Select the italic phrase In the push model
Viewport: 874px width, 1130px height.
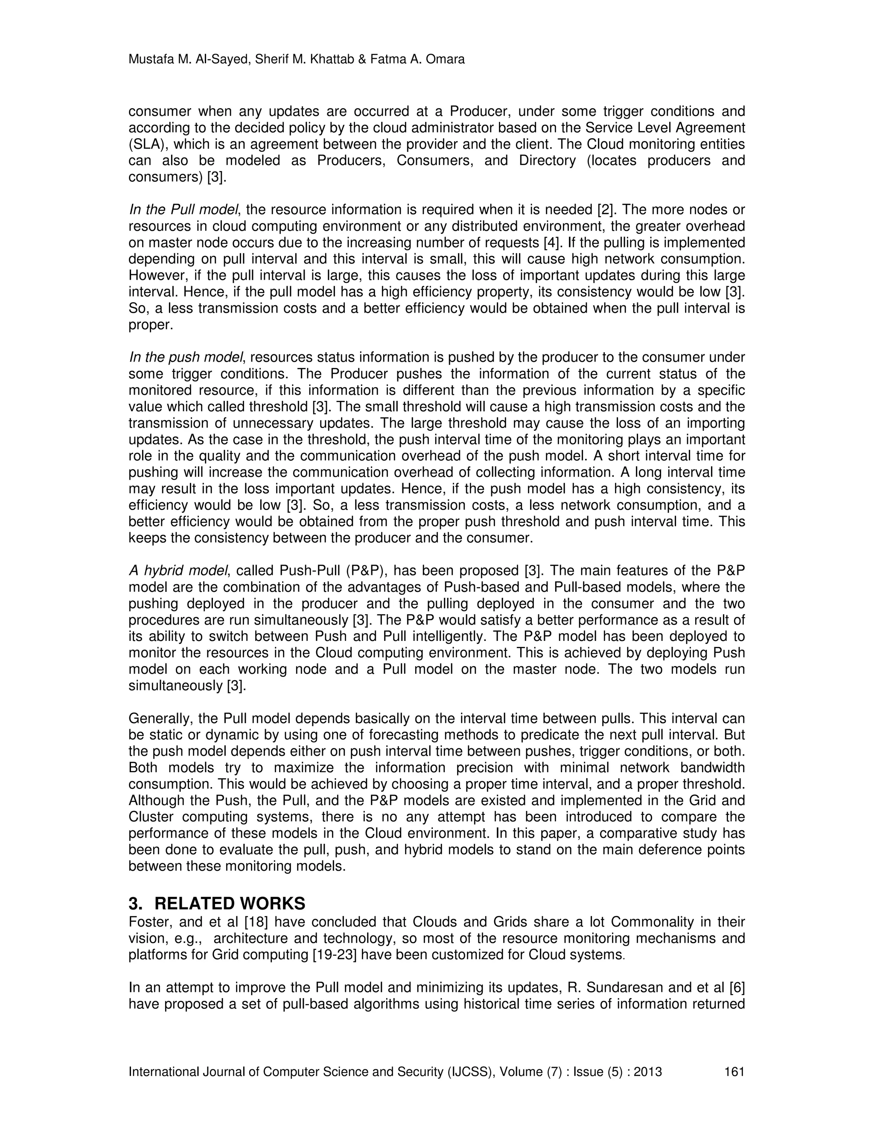185,357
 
